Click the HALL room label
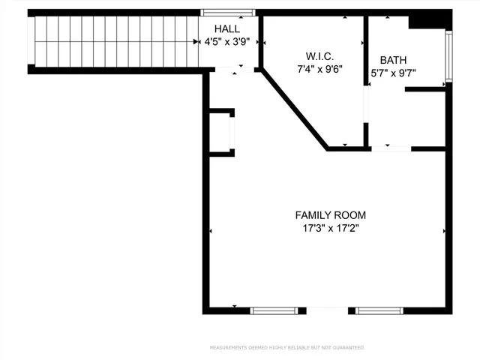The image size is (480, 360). [228, 28]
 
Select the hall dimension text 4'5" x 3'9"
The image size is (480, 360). [227, 43]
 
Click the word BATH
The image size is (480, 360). [394, 60]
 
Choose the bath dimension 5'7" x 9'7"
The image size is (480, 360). [394, 73]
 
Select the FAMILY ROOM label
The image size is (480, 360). [331, 215]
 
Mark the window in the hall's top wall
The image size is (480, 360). [228, 12]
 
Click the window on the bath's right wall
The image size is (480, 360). [448, 56]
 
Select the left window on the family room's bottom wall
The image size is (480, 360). [274, 310]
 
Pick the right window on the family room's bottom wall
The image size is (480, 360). [379, 310]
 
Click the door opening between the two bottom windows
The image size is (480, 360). [327, 310]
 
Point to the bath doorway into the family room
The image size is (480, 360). [391, 148]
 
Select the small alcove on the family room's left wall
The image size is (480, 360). [222, 132]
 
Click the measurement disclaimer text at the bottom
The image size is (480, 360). [287, 348]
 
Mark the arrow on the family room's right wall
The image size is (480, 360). [445, 231]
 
